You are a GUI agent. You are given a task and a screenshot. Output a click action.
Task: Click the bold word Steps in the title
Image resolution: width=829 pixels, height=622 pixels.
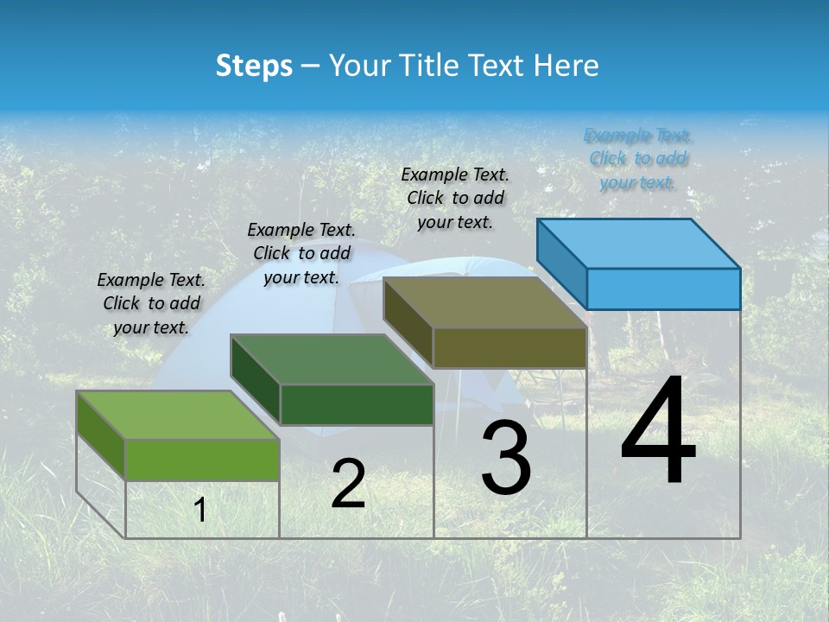tap(254, 66)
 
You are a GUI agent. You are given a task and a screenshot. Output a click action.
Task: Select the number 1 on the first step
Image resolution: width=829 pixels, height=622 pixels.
tap(200, 511)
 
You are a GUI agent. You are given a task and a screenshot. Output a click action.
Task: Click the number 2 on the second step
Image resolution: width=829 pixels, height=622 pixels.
tap(348, 485)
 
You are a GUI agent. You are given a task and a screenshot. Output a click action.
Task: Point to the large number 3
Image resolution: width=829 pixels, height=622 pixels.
tap(506, 458)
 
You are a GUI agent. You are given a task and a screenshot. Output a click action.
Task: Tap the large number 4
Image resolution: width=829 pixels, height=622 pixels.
tap(658, 431)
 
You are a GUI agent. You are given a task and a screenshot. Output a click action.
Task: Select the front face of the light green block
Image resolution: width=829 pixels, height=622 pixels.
tap(202, 460)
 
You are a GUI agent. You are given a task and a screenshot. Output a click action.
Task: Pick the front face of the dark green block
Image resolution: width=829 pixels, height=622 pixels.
tap(357, 404)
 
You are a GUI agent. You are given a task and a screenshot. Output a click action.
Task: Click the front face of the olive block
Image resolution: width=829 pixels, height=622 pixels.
tap(509, 348)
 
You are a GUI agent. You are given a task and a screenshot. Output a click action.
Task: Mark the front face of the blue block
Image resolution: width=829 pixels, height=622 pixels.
tap(663, 289)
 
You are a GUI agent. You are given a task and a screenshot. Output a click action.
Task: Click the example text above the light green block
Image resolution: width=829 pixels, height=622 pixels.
tap(151, 303)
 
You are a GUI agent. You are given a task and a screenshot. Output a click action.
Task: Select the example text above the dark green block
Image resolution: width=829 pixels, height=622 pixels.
tap(301, 253)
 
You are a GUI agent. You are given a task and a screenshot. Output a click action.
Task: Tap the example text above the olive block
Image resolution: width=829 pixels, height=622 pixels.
tap(455, 198)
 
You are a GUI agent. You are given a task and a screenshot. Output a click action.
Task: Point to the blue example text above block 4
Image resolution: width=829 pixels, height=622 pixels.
tap(638, 159)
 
